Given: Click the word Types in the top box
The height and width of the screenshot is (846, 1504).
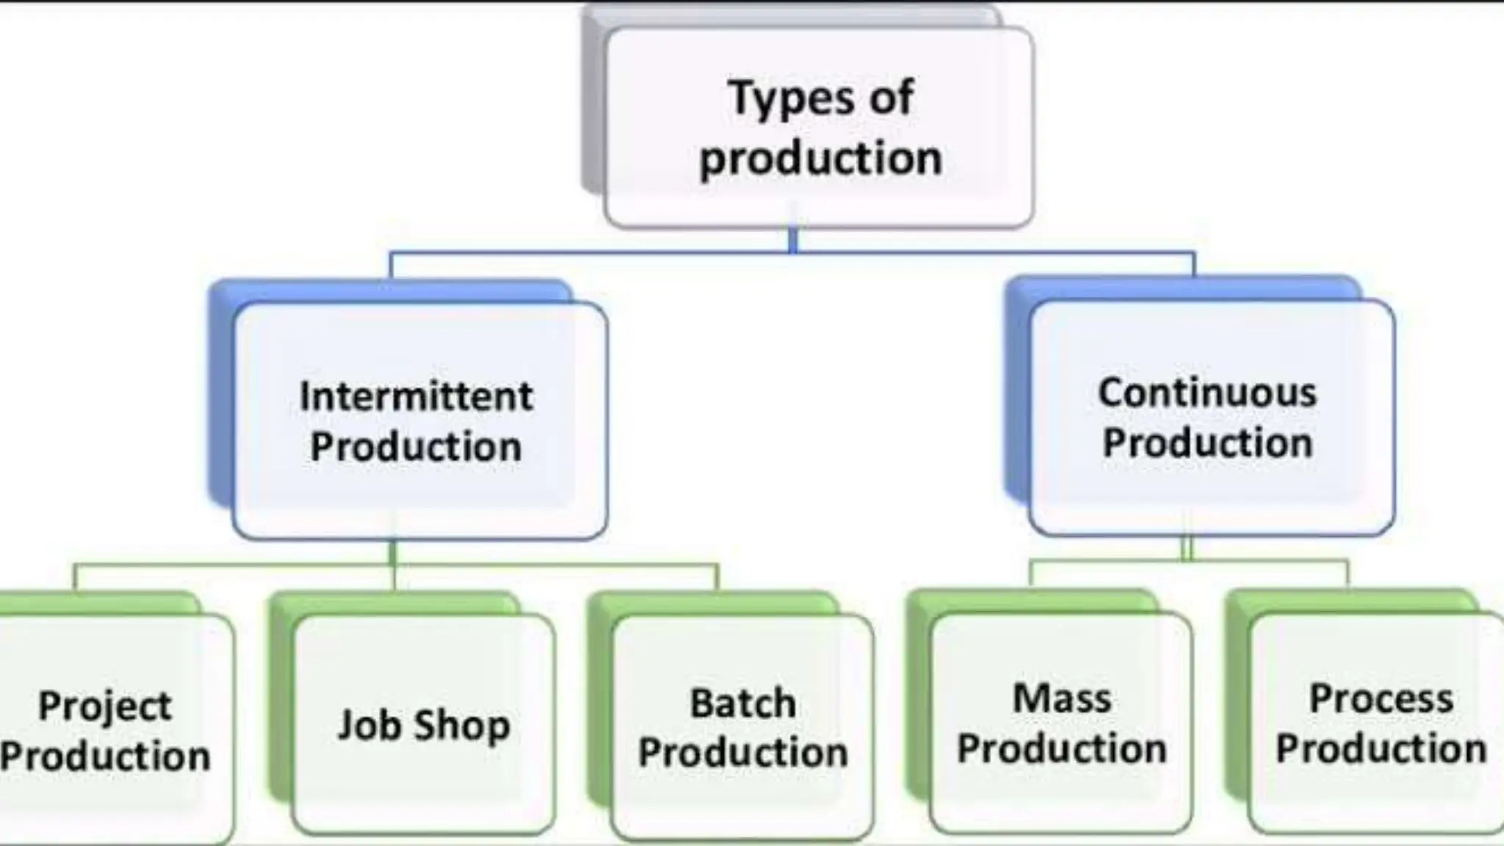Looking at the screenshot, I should [790, 99].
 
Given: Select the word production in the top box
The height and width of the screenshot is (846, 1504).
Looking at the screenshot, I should [820, 158].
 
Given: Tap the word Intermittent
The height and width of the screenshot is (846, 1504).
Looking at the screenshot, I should [416, 397].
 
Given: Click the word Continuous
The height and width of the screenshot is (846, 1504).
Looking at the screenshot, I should [1207, 393].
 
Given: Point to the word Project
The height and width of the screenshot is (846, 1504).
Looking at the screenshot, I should [105, 707].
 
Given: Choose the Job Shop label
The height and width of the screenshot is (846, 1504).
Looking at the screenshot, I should [424, 726].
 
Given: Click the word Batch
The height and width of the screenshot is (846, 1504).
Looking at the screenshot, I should [742, 704].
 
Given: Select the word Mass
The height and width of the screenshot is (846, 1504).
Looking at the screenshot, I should [1062, 698].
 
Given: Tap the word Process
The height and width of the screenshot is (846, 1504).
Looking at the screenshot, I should [1381, 698].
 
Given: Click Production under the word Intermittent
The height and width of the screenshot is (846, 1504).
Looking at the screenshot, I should [416, 446].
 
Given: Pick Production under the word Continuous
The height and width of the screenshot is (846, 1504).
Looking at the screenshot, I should [1207, 443].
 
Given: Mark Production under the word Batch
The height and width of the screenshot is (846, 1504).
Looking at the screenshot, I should [742, 753].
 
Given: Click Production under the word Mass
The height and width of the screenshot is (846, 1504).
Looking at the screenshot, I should [1062, 749].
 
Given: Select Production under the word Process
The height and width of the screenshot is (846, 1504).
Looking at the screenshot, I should [1381, 749].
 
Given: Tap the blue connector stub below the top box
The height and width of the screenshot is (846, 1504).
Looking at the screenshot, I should [793, 240].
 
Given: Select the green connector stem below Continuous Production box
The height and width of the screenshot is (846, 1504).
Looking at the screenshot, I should [1187, 549].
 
